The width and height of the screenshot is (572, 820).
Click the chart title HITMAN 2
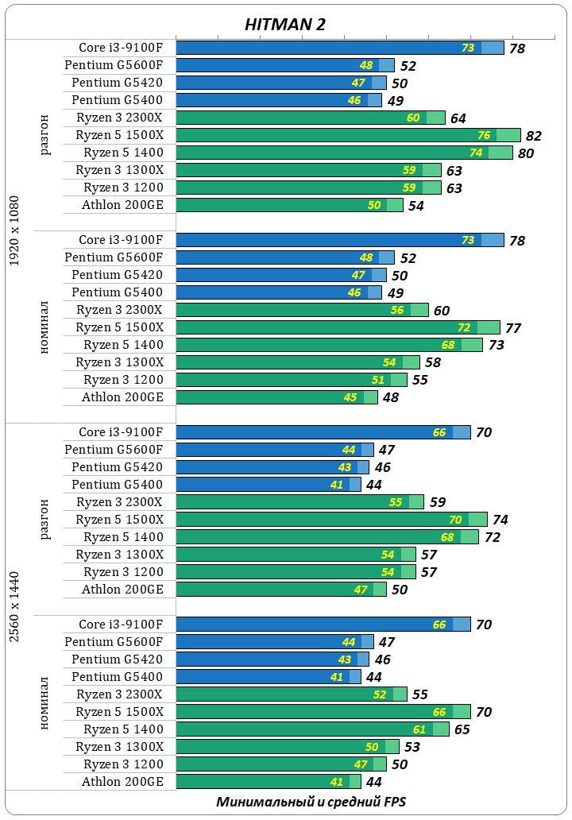coord(284,25)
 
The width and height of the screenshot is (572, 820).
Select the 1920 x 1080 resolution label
coord(14,231)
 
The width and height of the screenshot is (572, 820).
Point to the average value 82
coord(533,136)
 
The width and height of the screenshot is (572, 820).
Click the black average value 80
coord(525,153)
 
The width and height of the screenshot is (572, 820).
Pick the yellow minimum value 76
coord(484,135)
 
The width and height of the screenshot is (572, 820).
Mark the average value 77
coord(512,328)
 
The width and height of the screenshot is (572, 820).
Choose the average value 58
coord(433,363)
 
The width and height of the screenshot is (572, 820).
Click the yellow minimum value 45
coord(350,397)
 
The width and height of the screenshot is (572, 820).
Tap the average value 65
coord(462,730)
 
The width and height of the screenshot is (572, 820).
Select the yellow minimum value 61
coord(419,729)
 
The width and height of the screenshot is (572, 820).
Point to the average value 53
coord(412,748)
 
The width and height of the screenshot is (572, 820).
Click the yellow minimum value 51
coord(377,380)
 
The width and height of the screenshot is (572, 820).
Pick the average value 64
coord(458,118)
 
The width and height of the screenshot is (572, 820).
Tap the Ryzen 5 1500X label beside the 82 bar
coord(119,135)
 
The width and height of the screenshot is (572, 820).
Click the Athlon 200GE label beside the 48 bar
coord(122,397)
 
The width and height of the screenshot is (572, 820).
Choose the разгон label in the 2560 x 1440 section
coord(44,520)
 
